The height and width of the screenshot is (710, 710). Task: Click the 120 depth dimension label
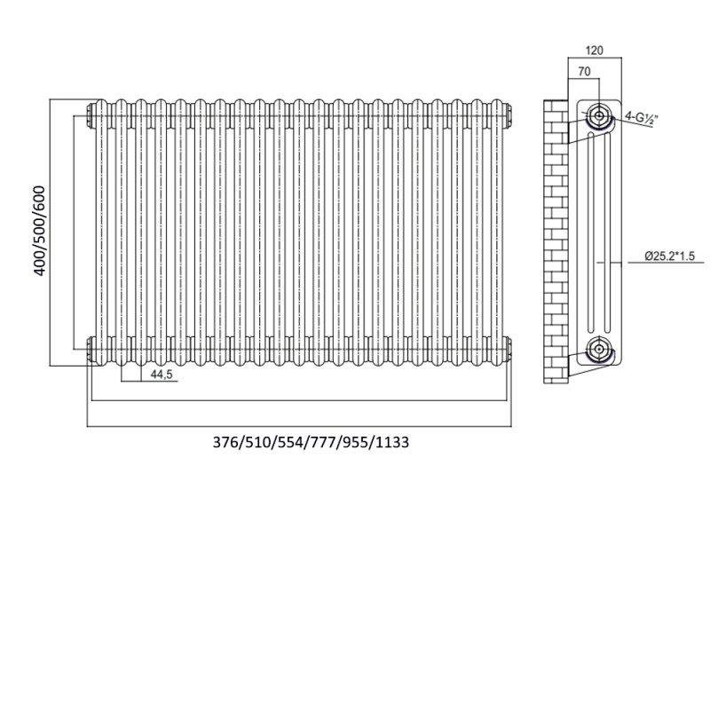pos(594,51)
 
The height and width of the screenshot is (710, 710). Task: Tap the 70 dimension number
pos(584,72)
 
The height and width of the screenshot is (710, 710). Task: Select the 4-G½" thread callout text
pos(641,118)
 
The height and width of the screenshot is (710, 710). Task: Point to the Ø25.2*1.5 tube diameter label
pos(670,256)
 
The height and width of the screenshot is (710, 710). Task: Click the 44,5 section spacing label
pos(162,375)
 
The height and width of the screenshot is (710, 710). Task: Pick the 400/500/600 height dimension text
pos(40,231)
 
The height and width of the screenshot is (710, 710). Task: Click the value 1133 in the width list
pos(392,442)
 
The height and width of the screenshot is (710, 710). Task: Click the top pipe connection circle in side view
pos(599,115)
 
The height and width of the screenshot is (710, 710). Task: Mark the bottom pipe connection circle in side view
pos(599,349)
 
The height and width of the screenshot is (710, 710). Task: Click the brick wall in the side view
pos(556,241)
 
